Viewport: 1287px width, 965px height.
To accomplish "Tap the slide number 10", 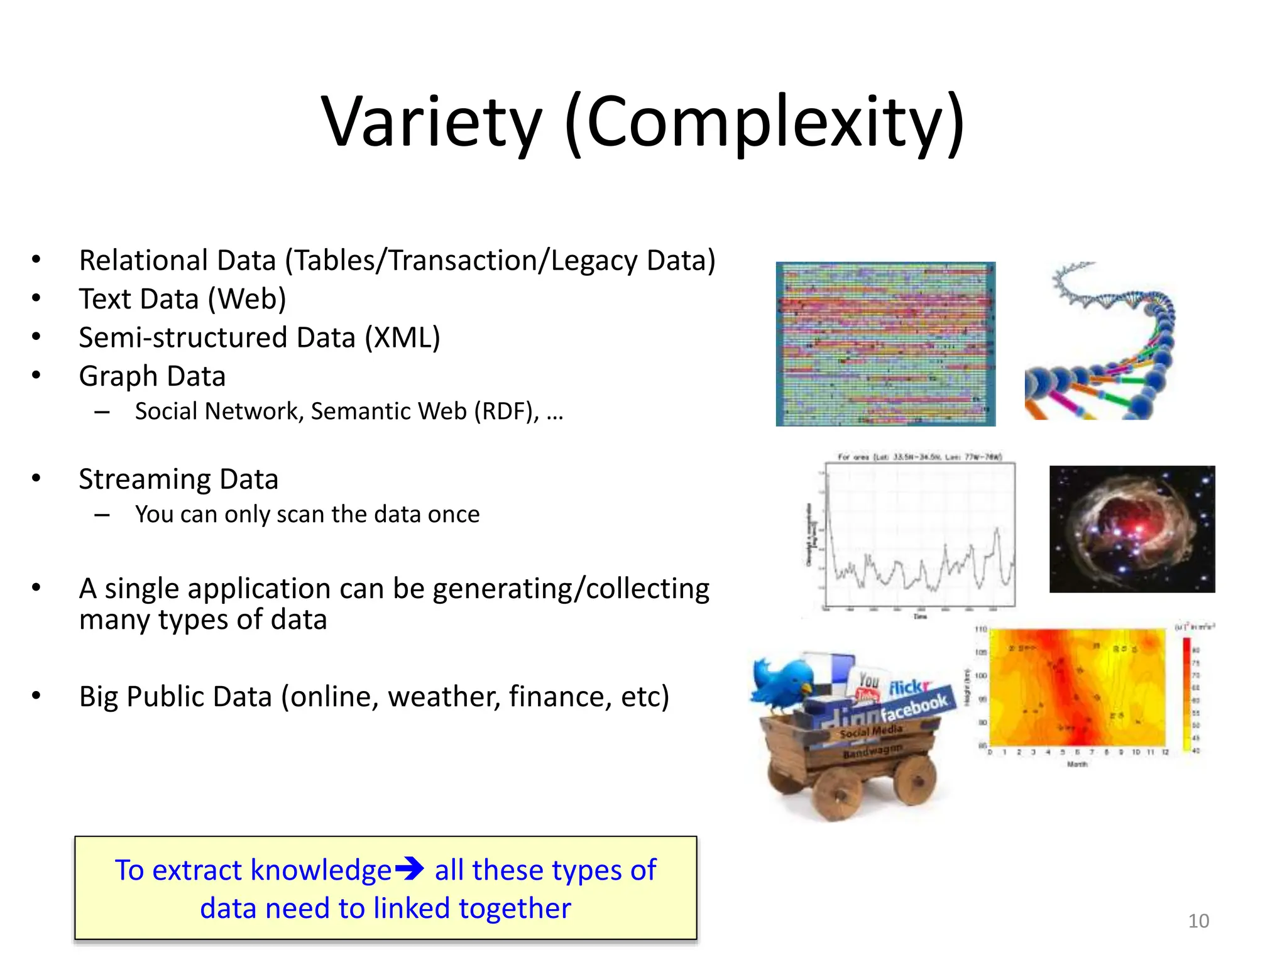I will [x=1198, y=920].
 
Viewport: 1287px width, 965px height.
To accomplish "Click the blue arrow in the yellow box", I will [x=409, y=869].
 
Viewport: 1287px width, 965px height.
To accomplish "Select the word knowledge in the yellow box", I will [x=321, y=870].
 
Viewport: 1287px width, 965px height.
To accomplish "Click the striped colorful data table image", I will [x=885, y=344].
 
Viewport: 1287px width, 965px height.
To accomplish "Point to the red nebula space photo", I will [x=1131, y=528].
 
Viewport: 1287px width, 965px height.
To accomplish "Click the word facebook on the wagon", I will [x=914, y=707].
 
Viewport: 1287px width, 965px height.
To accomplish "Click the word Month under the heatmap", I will [x=1077, y=764].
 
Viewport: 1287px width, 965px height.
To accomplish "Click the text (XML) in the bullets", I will [x=402, y=337].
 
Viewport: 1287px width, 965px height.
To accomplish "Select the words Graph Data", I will [x=152, y=376].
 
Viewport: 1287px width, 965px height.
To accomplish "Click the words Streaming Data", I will [x=178, y=479].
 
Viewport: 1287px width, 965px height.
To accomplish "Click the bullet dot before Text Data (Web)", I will [x=36, y=298].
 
